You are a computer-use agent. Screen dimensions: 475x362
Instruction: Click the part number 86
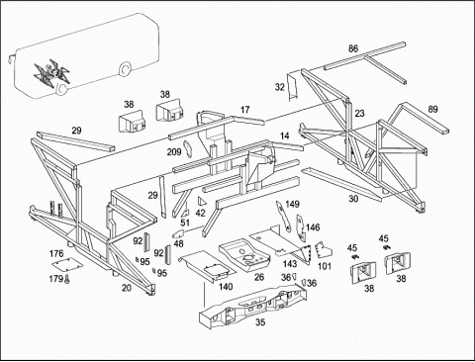click(x=353, y=48)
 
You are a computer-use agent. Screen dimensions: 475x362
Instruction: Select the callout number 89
click(x=432, y=109)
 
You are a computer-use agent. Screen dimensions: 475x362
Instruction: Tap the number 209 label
click(x=174, y=151)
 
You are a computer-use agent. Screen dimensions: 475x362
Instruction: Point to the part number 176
click(x=56, y=253)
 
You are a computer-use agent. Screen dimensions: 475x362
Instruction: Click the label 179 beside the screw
click(x=55, y=279)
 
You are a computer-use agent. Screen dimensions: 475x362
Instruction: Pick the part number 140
click(x=226, y=287)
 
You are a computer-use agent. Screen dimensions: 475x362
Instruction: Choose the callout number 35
click(x=260, y=322)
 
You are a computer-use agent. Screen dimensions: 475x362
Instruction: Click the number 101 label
click(x=325, y=266)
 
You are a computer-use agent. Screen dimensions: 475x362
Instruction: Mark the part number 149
click(x=292, y=204)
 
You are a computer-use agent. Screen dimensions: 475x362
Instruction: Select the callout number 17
click(x=244, y=110)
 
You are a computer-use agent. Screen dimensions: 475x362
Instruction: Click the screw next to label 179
click(x=67, y=279)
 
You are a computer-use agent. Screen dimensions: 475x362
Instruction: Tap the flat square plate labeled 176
click(x=66, y=265)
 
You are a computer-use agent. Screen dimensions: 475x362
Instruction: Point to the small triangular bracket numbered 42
click(x=202, y=202)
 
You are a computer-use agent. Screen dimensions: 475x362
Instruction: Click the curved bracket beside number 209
click(x=188, y=149)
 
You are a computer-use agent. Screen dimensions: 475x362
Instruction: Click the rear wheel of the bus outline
click(x=125, y=69)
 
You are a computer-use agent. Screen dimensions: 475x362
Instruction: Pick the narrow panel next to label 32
click(x=292, y=87)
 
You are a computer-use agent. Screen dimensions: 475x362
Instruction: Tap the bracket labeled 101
click(x=324, y=250)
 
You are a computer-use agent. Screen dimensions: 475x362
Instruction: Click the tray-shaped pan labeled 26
click(x=244, y=255)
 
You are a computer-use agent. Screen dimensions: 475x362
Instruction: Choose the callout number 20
click(x=127, y=288)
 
